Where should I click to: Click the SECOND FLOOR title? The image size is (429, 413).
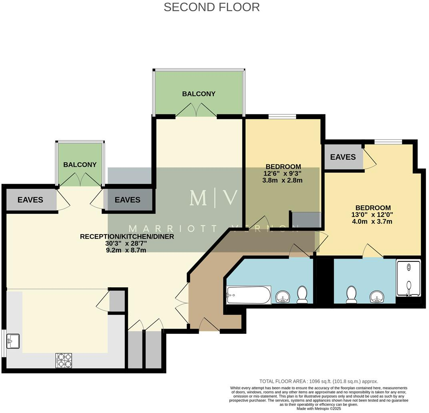point(212,7)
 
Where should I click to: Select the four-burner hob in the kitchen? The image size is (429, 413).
point(64,360)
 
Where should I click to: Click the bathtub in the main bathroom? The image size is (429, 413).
point(249,295)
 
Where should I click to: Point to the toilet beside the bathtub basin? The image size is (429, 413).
point(302,294)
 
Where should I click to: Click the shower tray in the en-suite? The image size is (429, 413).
point(408,279)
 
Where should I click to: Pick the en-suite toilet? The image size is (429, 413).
point(352,294)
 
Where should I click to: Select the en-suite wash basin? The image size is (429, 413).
point(377,297)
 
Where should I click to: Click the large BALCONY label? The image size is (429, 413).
point(198,94)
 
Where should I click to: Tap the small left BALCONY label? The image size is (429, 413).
point(80,164)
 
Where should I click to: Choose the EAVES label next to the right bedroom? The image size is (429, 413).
point(343,157)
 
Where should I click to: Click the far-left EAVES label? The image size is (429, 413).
point(30,200)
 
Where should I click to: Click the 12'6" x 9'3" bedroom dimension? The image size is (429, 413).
point(283,173)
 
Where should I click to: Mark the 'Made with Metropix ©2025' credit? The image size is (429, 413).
point(319,409)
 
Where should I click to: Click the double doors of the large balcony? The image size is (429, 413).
point(196,111)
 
